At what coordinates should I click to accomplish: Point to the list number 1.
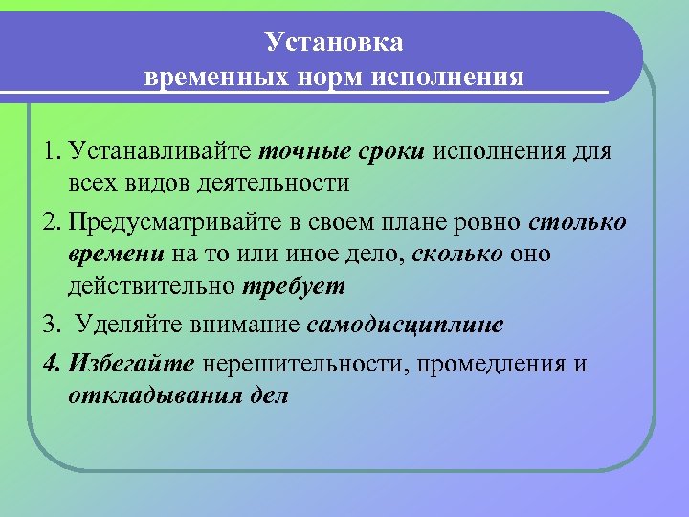(49, 151)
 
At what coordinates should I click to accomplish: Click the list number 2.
(50, 223)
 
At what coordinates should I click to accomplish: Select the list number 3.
(50, 324)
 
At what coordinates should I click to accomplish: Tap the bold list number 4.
(50, 364)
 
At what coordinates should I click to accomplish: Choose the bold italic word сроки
(392, 151)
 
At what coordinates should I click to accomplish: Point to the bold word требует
(294, 285)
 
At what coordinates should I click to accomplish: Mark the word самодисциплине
(406, 324)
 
